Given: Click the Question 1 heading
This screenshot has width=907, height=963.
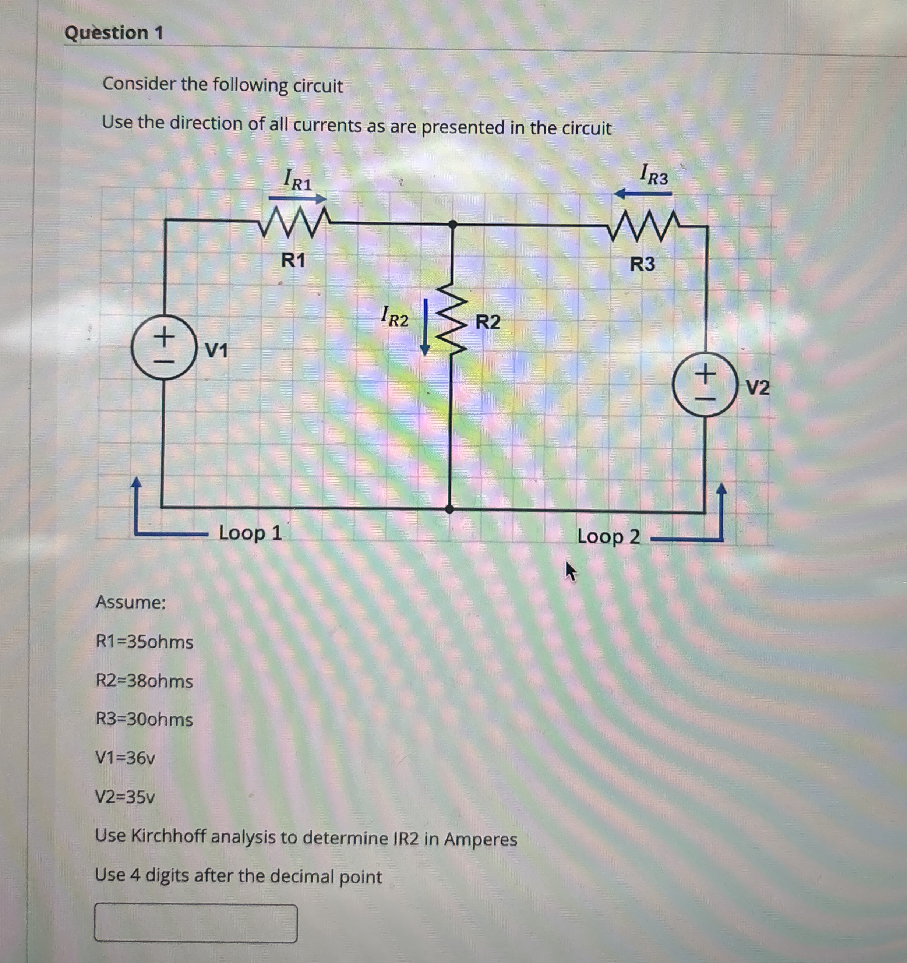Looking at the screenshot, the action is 114,33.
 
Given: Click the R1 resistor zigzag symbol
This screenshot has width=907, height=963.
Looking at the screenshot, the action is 294,222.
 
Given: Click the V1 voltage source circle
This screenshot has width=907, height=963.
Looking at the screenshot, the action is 164,348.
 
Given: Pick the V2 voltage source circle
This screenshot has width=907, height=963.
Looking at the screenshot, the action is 705,385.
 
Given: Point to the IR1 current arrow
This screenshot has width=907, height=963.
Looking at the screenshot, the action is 297,198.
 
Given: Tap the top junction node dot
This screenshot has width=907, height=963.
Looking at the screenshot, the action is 452,224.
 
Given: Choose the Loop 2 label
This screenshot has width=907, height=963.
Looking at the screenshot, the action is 608,536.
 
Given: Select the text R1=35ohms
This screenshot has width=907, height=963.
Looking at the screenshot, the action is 144,642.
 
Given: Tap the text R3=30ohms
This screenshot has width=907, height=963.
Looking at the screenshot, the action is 144,719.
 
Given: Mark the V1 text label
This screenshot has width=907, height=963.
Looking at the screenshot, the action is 216,350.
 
